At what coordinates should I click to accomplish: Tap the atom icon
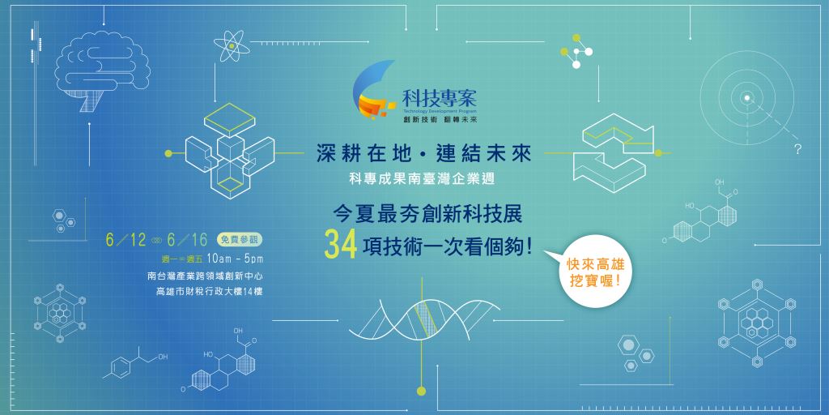coord(232,46)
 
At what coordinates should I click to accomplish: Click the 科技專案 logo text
coord(440,97)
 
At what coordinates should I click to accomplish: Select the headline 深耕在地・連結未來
coord(424,154)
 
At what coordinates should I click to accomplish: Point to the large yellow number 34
coord(341,246)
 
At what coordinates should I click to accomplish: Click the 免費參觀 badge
coord(240,240)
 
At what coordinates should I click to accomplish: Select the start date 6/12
coord(125,240)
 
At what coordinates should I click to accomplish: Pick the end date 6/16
coord(187,240)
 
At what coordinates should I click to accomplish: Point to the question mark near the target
coord(797,149)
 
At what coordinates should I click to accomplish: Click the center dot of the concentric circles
coord(746,97)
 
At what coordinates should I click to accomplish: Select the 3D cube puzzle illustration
coord(229,151)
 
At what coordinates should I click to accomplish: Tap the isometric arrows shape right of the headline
coord(614,152)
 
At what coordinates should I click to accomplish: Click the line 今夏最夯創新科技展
coord(427,214)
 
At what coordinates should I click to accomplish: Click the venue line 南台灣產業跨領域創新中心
coord(206,276)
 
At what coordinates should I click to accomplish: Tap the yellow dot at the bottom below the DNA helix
coord(421,391)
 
